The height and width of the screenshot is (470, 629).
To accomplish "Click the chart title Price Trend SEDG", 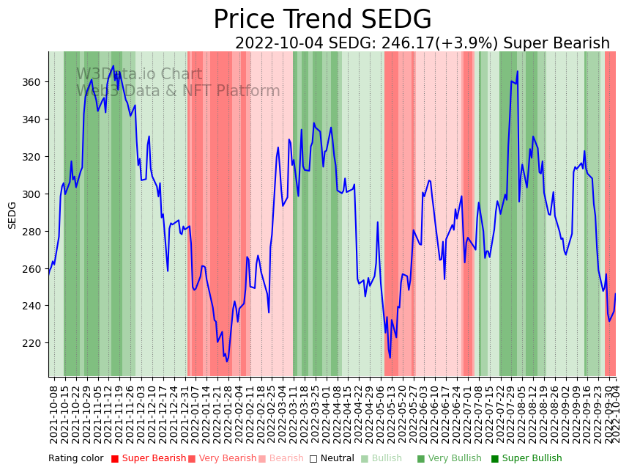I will (x=322, y=20).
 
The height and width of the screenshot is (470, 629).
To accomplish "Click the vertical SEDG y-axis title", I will (x=12, y=215).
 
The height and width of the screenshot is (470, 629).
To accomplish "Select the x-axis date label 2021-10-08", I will (x=53, y=411).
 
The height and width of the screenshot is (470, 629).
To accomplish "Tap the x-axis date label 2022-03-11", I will (x=293, y=411).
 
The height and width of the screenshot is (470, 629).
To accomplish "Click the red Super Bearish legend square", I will (x=115, y=459).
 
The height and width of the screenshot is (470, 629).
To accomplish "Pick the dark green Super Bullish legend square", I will (x=495, y=459).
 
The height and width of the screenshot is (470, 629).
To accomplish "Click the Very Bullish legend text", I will (x=455, y=459).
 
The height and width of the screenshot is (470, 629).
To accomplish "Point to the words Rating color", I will (x=76, y=459).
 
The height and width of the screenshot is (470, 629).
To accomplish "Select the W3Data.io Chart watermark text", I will (x=139, y=74).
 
